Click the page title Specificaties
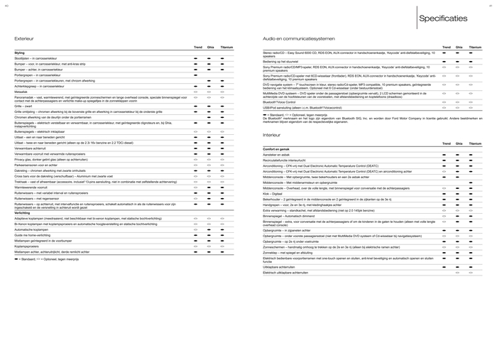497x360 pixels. [x=443, y=18]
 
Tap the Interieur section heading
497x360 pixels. [x=271, y=133]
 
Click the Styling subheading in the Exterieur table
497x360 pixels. [x=19, y=53]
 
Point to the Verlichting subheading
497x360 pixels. [x=22, y=212]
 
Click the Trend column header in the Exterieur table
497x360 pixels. [x=198, y=46]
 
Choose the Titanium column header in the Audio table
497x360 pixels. [x=475, y=46]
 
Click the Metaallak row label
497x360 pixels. [x=21, y=91]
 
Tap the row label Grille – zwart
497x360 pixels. [x=24, y=106]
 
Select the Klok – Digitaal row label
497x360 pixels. [x=273, y=193]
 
